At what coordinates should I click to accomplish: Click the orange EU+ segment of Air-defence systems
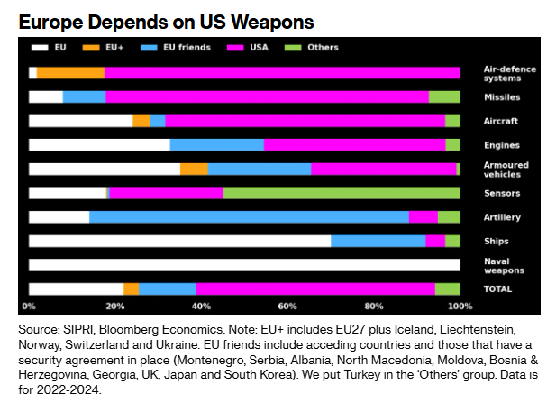pyautogui.click(x=70, y=73)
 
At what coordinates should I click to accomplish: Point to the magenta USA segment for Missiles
pyautogui.click(x=267, y=96)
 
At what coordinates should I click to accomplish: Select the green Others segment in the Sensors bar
pyautogui.click(x=342, y=193)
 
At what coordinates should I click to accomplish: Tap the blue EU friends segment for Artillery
pyautogui.click(x=249, y=216)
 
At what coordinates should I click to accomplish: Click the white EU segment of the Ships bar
pyautogui.click(x=179, y=241)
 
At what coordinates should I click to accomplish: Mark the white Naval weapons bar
pyautogui.click(x=244, y=265)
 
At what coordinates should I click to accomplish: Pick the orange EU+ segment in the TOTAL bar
pyautogui.click(x=132, y=289)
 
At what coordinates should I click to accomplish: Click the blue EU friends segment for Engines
pyautogui.click(x=216, y=144)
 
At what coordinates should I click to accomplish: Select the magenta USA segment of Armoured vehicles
pyautogui.click(x=384, y=169)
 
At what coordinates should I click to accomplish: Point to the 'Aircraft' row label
pyautogui.click(x=500, y=121)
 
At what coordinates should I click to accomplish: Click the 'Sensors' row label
pyautogui.click(x=500, y=193)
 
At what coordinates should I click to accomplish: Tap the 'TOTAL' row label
pyautogui.click(x=497, y=289)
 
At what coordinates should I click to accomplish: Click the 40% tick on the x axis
pyautogui.click(x=201, y=306)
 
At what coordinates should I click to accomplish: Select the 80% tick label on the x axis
pyautogui.click(x=374, y=306)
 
